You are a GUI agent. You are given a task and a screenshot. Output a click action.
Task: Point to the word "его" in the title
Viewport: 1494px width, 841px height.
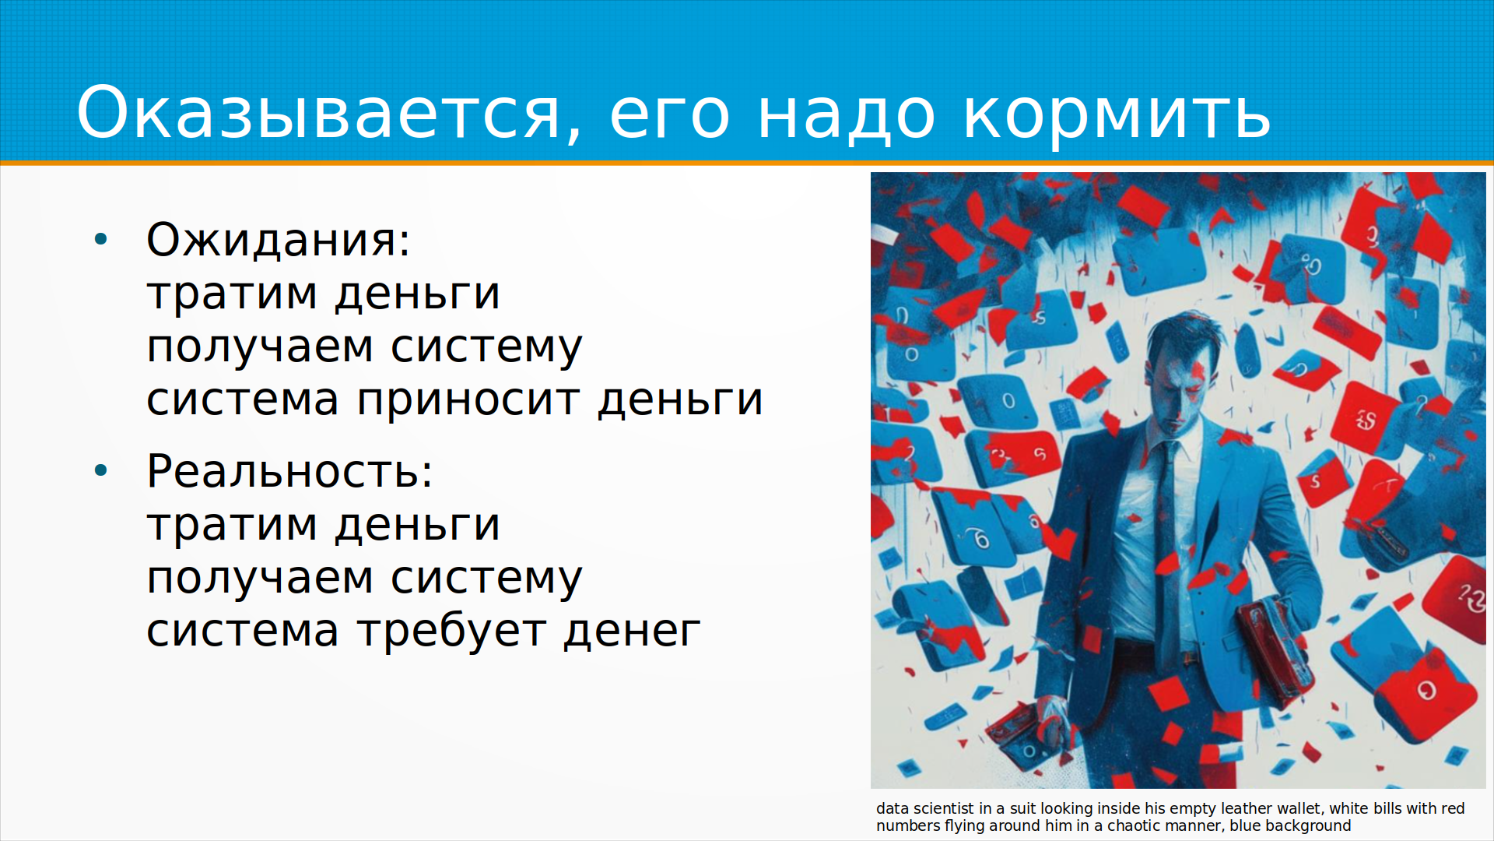[669, 117]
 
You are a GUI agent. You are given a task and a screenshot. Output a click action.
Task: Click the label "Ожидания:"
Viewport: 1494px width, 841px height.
[278, 239]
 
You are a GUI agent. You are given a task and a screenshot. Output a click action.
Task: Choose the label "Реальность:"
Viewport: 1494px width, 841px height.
[289, 471]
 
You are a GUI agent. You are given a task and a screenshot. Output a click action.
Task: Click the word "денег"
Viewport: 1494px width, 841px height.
[632, 632]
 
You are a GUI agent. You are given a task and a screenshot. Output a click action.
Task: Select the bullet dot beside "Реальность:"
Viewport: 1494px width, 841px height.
[100, 471]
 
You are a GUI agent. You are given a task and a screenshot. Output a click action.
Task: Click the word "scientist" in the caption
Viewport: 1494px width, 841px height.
[944, 809]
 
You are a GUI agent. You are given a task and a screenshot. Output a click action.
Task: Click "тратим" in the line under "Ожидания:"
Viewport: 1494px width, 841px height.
[232, 294]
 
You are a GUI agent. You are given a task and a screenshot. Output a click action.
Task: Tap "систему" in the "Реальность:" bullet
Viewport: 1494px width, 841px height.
[486, 579]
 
